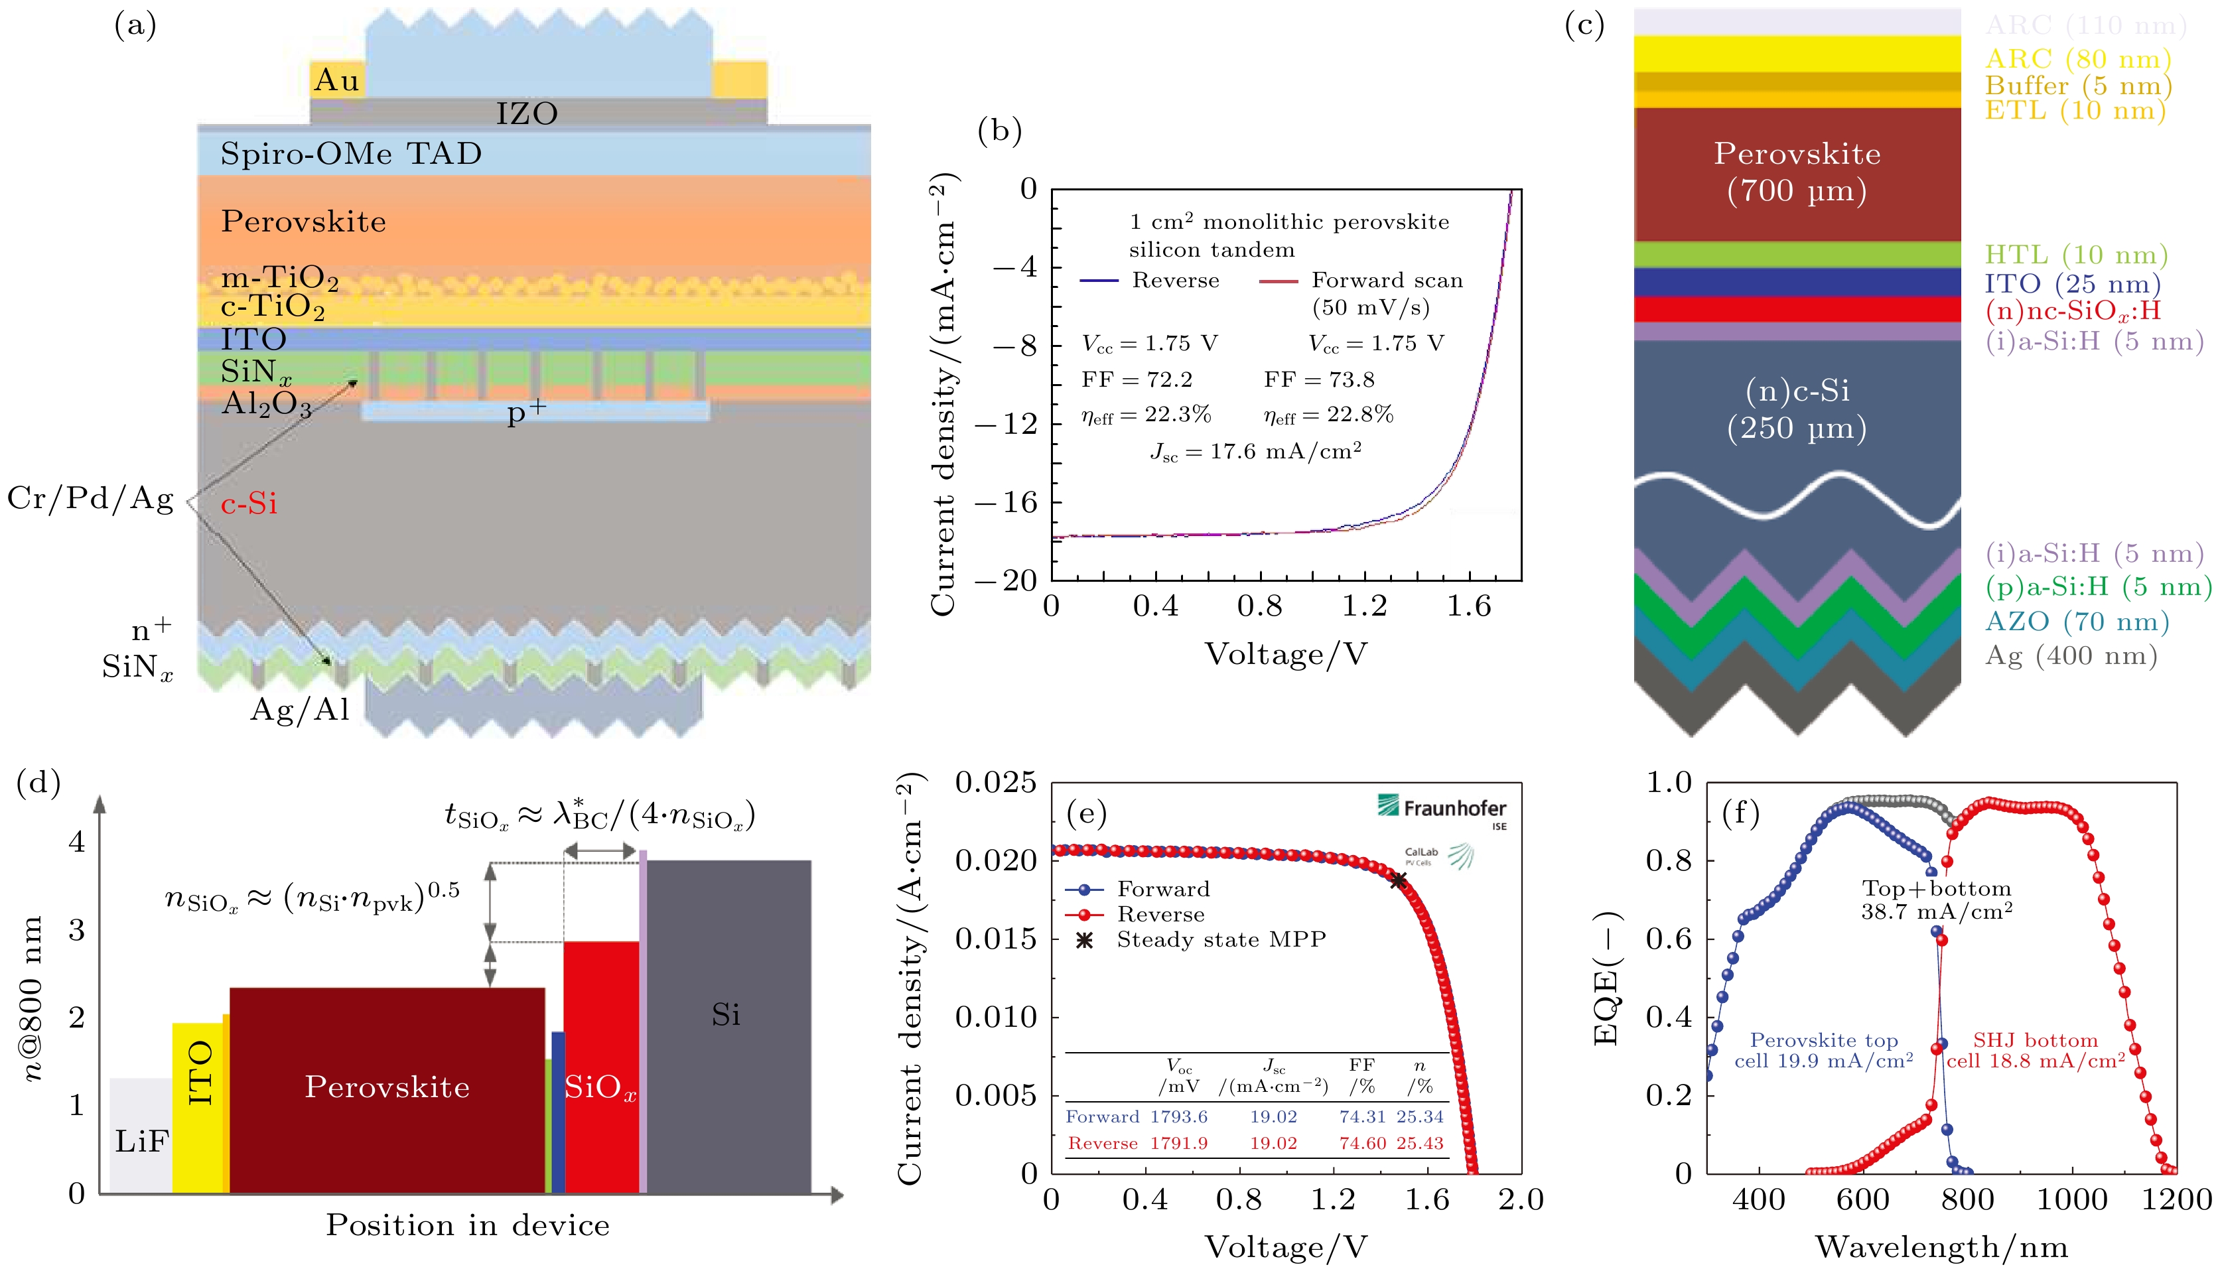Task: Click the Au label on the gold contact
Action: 336,80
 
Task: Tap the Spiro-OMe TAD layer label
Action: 350,154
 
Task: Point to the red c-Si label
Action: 249,503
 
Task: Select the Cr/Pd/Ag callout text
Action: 91,498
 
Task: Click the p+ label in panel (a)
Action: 526,412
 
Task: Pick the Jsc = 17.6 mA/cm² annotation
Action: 1255,452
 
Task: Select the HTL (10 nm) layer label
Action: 2076,255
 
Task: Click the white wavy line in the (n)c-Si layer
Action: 1797,498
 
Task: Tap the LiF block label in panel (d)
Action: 141,1141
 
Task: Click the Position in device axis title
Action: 468,1225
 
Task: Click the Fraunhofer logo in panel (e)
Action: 1442,809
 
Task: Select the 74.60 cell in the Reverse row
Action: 1362,1144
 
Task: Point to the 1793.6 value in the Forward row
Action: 1178,1117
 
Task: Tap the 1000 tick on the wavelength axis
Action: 2071,1199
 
